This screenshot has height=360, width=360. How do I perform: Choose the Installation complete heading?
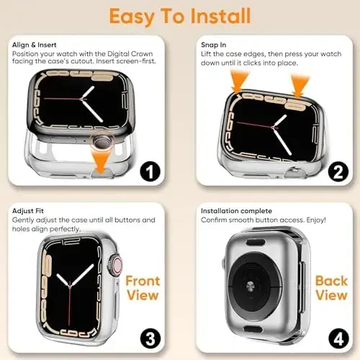pos(234,210)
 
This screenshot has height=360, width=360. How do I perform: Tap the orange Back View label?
pos(330,288)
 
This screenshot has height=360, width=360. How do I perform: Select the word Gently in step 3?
pos(25,220)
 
